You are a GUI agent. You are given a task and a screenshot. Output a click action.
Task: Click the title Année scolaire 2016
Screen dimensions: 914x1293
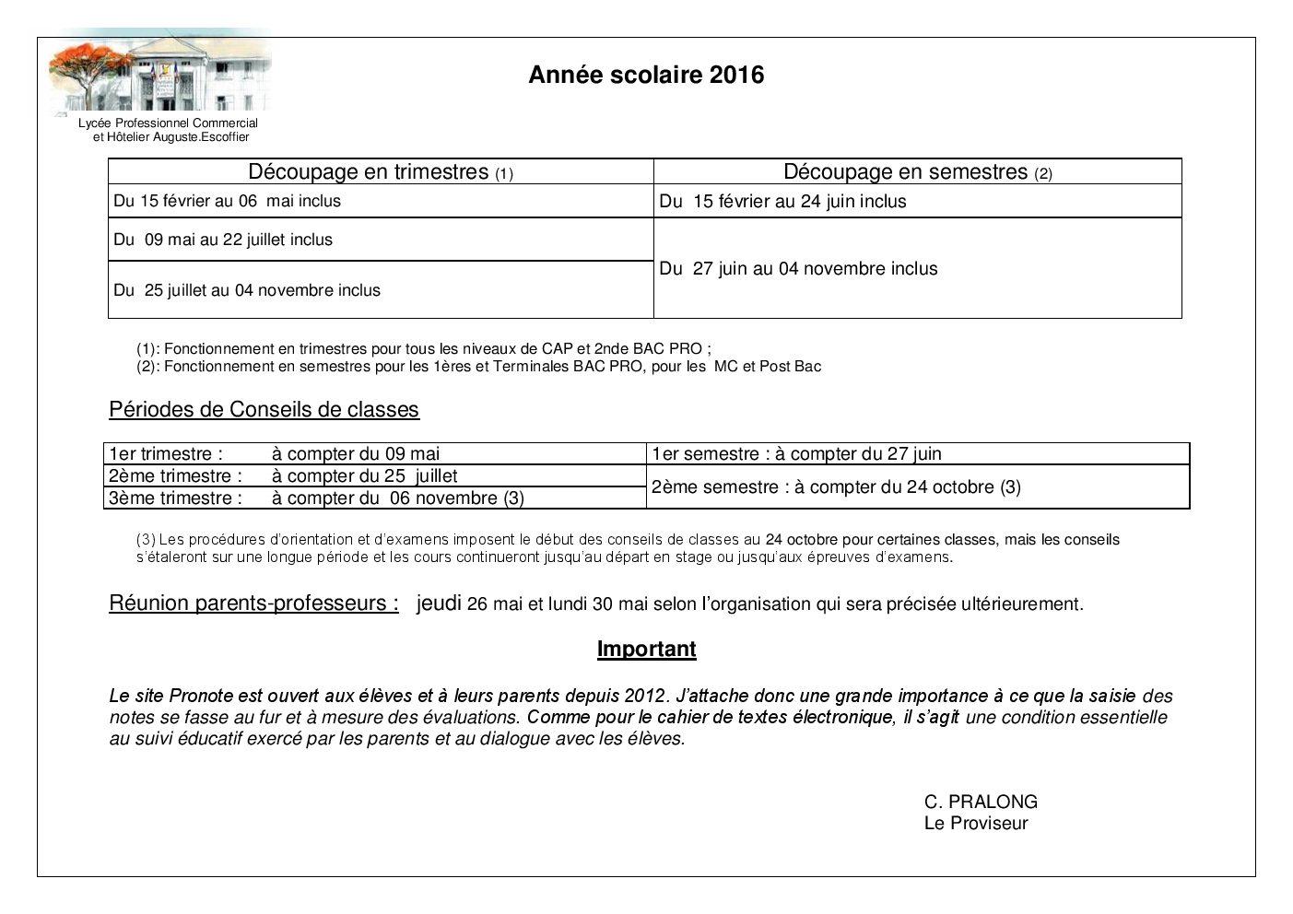tap(646, 75)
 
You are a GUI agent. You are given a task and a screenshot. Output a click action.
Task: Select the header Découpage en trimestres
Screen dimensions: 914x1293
tap(380, 172)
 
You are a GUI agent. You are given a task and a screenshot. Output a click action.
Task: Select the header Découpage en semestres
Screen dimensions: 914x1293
tap(917, 172)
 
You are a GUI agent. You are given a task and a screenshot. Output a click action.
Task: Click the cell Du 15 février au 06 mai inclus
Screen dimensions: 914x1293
tap(227, 201)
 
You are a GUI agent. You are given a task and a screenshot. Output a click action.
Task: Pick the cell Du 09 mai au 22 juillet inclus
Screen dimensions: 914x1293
tap(223, 240)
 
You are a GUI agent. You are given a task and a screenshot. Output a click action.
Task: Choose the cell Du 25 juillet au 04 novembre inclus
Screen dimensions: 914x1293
tap(247, 290)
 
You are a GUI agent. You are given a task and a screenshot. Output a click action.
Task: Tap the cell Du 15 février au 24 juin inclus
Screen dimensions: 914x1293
tap(782, 202)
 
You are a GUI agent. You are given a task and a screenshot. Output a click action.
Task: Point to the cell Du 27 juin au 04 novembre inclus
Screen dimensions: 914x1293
tap(798, 269)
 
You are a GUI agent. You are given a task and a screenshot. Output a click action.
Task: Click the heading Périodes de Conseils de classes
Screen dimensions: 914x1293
tap(264, 410)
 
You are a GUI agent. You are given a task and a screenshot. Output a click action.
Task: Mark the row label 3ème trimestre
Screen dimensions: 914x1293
tap(175, 498)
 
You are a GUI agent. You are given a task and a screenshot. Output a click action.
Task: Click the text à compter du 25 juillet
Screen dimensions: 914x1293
tap(364, 476)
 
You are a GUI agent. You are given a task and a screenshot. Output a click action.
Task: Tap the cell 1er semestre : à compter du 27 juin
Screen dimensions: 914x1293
tap(796, 453)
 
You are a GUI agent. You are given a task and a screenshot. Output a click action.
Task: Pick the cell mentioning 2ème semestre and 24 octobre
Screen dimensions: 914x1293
tap(836, 487)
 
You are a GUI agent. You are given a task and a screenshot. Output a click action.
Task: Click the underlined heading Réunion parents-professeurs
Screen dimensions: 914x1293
tap(253, 603)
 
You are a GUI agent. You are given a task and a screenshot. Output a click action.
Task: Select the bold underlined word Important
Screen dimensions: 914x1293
tap(646, 649)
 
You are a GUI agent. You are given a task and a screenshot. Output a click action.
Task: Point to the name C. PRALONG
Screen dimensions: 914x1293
tap(981, 802)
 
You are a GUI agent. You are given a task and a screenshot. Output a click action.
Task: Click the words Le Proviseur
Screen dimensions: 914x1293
tap(975, 824)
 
